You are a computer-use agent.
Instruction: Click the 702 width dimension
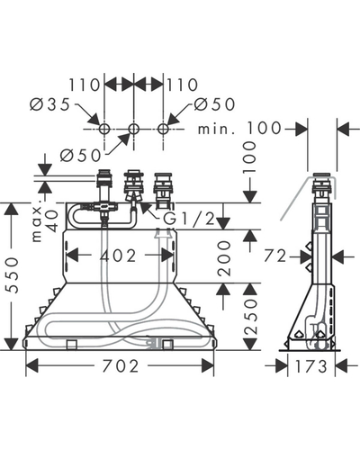(121, 366)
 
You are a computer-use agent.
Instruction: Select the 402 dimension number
(118, 256)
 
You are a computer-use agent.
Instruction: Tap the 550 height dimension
(13, 274)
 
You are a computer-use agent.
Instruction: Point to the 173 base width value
(311, 366)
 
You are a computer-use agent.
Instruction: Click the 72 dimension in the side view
(275, 256)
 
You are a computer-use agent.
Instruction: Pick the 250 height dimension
(251, 317)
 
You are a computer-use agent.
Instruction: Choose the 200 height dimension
(224, 258)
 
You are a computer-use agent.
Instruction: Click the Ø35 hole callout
(49, 104)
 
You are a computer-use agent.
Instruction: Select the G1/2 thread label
(189, 220)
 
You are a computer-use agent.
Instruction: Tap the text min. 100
(239, 128)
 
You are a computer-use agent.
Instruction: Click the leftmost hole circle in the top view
(104, 129)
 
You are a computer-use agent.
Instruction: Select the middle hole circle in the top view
(133, 129)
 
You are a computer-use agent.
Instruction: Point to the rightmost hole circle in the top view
(163, 129)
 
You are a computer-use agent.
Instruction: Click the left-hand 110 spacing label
(85, 85)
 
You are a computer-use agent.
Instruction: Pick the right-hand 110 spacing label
(183, 85)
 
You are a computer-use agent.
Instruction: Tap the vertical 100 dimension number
(250, 157)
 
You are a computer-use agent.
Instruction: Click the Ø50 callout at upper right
(214, 104)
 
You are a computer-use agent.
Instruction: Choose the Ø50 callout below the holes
(80, 156)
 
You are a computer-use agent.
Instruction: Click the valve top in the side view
(322, 175)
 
